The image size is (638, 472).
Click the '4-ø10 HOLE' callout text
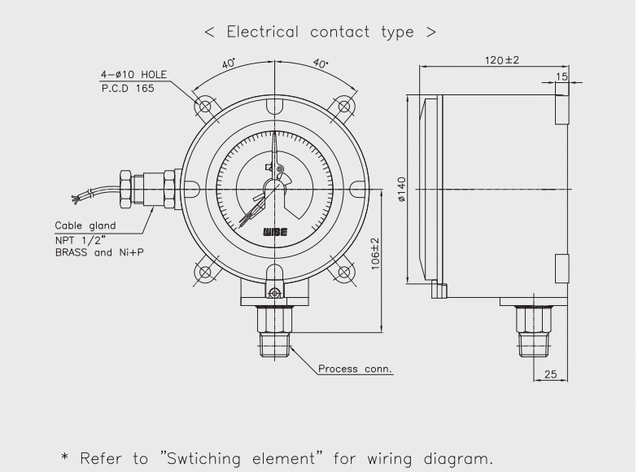[x=133, y=74]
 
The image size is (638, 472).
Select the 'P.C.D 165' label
[x=126, y=87]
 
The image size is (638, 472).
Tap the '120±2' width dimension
[x=502, y=60]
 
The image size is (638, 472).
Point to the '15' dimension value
[x=562, y=76]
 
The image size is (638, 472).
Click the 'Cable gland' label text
[x=85, y=225]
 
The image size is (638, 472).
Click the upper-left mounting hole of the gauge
[x=204, y=106]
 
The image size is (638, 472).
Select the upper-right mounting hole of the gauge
[x=345, y=106]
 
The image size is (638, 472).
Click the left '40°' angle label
[x=229, y=63]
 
